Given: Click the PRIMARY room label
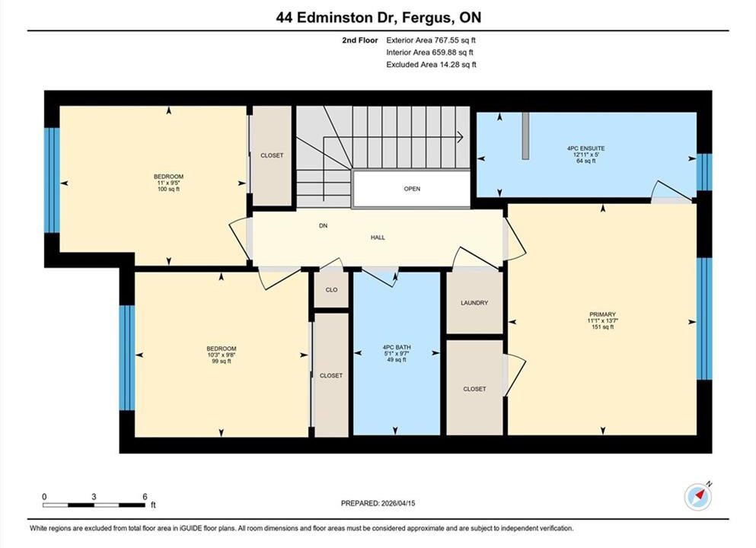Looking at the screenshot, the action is (x=602, y=314).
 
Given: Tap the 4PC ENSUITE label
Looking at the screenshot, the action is (x=585, y=148).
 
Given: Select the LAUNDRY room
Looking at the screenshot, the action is (x=474, y=303).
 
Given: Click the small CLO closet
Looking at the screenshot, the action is (x=331, y=290).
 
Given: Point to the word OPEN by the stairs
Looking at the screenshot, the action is (x=412, y=189).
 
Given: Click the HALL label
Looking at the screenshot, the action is (x=378, y=237).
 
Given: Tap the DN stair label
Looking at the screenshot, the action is (x=323, y=225).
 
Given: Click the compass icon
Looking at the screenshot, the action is (x=697, y=496).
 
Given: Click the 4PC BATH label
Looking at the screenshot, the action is (x=397, y=347).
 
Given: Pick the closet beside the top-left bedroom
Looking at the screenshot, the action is (x=272, y=156).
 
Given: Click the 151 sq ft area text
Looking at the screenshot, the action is (x=602, y=327).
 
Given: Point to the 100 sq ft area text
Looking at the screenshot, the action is (x=168, y=190).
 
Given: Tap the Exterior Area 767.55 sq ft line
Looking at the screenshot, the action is (x=431, y=40).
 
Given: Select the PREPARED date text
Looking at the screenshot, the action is (x=378, y=503).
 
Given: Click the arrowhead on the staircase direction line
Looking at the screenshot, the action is (x=460, y=137).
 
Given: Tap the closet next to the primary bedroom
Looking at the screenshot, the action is (x=474, y=388).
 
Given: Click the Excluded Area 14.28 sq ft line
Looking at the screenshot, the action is (x=431, y=65).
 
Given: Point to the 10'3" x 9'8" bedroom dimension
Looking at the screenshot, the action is (x=222, y=355).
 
